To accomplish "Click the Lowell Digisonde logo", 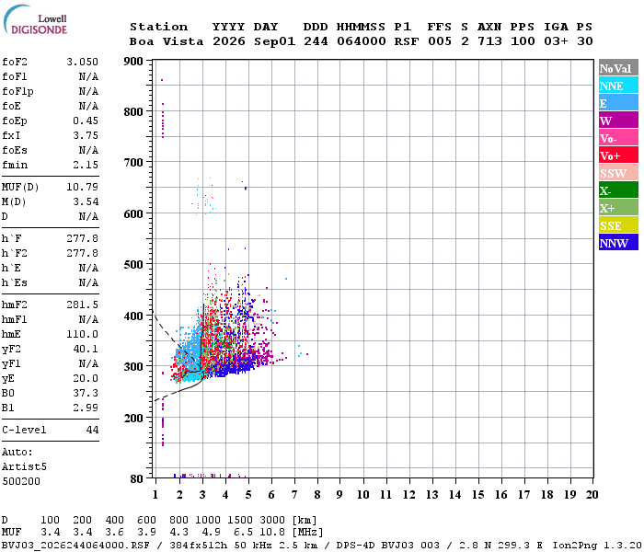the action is (x=35, y=19).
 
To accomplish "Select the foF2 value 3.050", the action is (x=82, y=62).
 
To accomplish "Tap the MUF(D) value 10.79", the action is (x=82, y=188).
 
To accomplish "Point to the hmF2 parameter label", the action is (x=15, y=305).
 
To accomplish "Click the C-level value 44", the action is (x=92, y=430).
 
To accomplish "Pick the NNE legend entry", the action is (x=618, y=86).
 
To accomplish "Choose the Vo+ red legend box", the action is (x=618, y=155).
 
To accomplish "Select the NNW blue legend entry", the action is (x=618, y=243).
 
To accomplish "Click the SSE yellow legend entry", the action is (x=618, y=225).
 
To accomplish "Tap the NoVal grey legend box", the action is (x=618, y=68).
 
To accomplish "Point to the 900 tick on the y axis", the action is (x=133, y=62).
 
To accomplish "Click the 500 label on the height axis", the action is (x=133, y=265).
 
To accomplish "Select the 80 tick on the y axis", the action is (x=137, y=478).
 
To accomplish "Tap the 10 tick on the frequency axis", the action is (x=362, y=495).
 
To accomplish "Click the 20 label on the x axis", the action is (x=592, y=495).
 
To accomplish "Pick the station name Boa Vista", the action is (x=167, y=41).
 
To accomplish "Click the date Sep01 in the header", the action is (x=274, y=41).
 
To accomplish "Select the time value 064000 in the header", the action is (x=362, y=41).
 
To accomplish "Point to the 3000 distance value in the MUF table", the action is (x=272, y=520).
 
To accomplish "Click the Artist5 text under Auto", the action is (x=24, y=467).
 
